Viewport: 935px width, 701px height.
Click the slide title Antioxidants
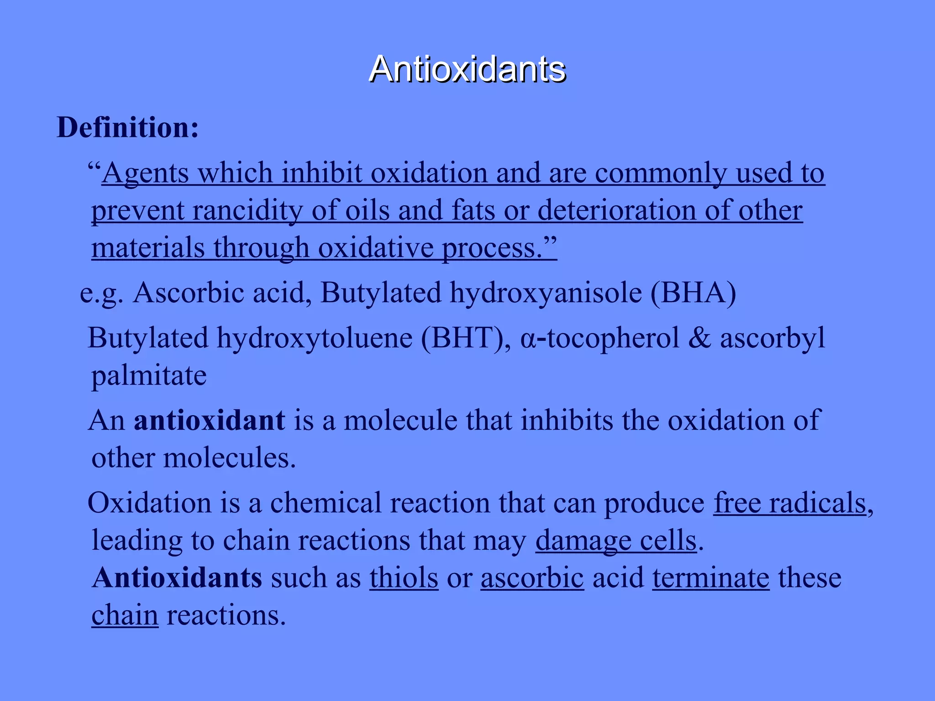click(467, 69)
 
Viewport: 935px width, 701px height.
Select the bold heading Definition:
click(128, 127)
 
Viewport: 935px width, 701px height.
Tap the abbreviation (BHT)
click(465, 339)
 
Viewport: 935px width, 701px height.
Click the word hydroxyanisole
click(546, 293)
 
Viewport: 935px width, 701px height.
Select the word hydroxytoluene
click(315, 339)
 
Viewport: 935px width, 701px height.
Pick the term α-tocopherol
click(599, 339)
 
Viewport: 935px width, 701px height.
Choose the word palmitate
click(149, 376)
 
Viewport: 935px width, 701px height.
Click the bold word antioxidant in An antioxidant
click(209, 420)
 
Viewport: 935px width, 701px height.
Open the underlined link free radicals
click(790, 503)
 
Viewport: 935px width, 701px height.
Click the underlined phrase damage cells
click(616, 540)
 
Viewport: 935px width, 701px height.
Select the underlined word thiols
click(404, 578)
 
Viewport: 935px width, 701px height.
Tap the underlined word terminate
click(711, 578)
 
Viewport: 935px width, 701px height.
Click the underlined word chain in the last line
click(125, 615)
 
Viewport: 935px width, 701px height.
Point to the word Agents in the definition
click(145, 173)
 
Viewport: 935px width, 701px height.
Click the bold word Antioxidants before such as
click(177, 578)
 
